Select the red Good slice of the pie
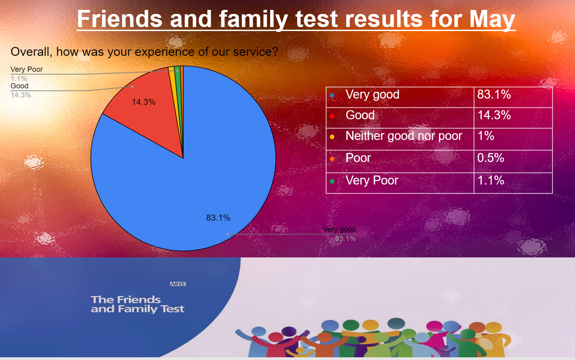[x=149, y=112]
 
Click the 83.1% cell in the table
[x=494, y=94]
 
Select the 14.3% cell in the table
[x=494, y=115]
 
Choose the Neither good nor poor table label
[x=403, y=136]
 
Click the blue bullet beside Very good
[x=332, y=95]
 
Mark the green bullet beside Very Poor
[x=332, y=181]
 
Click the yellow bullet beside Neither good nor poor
[x=332, y=137]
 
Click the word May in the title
[x=492, y=19]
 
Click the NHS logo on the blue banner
[x=178, y=284]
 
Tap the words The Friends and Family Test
[x=137, y=304]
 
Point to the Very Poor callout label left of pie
[x=27, y=70]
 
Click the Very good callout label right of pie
[x=340, y=229]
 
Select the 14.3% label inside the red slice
[x=144, y=102]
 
